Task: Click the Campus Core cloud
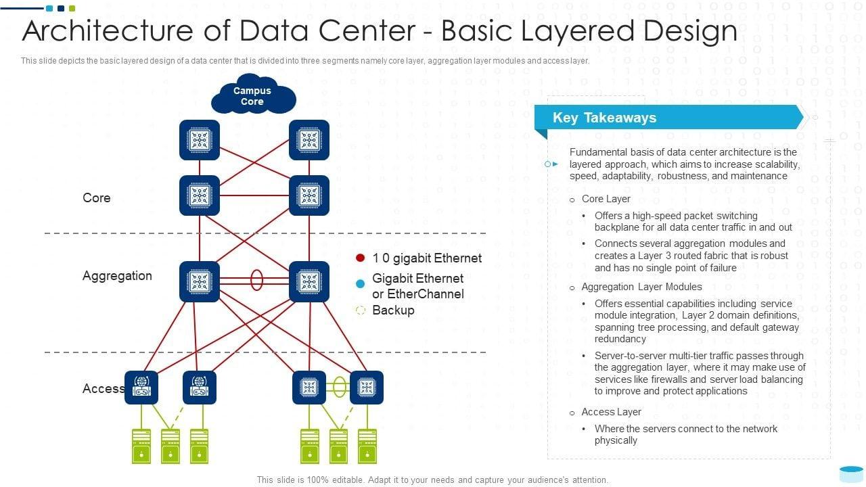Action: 252,96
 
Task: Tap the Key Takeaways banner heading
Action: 604,118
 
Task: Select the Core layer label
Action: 96,198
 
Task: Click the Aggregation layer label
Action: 117,275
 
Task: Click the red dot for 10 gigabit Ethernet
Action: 360,258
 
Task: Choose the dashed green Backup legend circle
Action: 360,310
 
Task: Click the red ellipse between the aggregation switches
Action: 256,279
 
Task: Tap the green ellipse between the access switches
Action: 340,387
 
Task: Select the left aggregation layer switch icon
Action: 200,281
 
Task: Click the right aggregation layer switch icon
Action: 309,281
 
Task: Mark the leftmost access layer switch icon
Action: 141,388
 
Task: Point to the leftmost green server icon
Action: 141,446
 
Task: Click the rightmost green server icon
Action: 367,446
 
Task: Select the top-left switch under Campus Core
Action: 200,140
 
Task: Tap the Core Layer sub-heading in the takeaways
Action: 606,199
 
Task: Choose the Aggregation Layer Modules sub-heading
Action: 641,287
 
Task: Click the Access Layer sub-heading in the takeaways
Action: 611,412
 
